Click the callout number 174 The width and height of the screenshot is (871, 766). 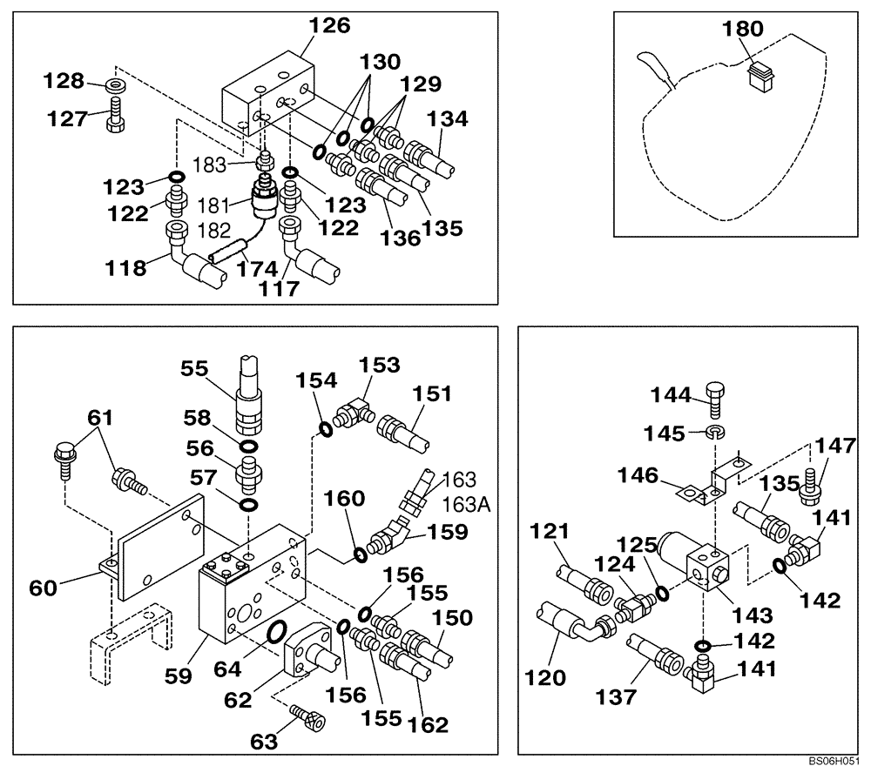tap(258, 269)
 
